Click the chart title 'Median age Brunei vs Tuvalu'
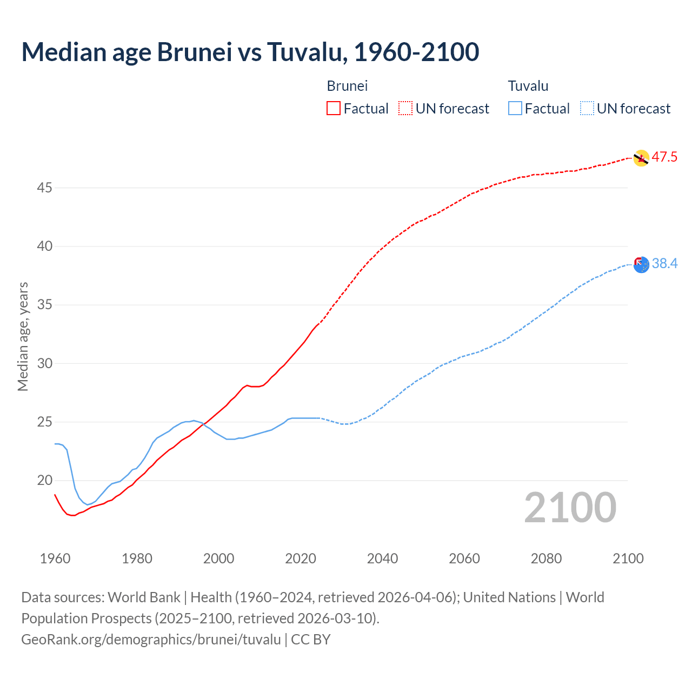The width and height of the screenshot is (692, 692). tap(250, 52)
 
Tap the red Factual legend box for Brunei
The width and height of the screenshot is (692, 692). tap(334, 108)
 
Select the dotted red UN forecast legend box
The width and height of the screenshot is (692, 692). tap(405, 108)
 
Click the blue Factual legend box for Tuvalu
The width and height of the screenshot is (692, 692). tap(515, 108)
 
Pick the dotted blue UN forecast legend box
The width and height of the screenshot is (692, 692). tap(587, 108)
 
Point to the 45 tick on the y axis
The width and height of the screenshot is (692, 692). tap(45, 188)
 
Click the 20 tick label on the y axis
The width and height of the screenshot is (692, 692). tap(45, 480)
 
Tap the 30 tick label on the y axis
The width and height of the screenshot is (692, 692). tap(45, 363)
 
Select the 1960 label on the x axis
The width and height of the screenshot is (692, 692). tap(55, 558)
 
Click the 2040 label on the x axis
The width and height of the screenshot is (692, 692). tap(382, 558)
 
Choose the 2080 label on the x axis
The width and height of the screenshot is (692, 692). tap(546, 558)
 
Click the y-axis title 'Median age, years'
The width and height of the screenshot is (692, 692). tap(23, 336)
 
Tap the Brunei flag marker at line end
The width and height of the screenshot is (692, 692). tap(641, 158)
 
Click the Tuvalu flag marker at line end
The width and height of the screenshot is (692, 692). tap(641, 265)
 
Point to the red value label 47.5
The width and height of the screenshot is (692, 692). tap(664, 157)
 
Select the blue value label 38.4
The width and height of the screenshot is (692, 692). tap(664, 263)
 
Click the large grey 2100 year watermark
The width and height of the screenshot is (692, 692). tap(570, 507)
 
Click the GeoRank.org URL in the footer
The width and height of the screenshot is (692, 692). tap(151, 639)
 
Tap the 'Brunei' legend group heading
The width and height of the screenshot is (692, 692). tap(347, 86)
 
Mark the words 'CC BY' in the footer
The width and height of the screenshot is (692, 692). tap(311, 639)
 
